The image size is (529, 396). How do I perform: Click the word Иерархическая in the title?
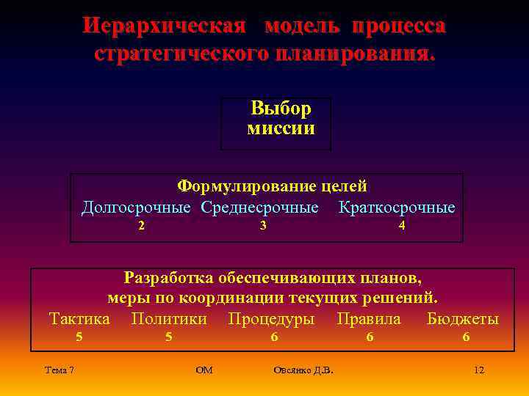click(162, 26)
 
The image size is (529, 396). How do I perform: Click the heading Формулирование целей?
click(272, 187)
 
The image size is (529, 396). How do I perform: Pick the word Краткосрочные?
click(397, 208)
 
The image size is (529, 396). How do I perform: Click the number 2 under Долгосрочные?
click(141, 227)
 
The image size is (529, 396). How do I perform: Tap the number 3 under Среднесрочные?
click(262, 227)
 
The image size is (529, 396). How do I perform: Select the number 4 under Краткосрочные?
click(401, 227)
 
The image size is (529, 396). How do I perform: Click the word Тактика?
click(79, 319)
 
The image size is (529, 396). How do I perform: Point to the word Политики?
click(169, 319)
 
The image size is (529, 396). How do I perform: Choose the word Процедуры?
click(271, 319)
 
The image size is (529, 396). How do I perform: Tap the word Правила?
click(369, 319)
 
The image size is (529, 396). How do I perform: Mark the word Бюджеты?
click(463, 319)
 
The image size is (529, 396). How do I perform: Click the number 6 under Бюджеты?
click(466, 337)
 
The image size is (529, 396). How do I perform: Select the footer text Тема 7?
click(59, 370)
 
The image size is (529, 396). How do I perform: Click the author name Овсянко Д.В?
click(303, 370)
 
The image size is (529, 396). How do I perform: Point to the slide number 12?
click(479, 370)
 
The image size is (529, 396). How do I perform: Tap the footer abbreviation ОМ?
click(204, 370)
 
